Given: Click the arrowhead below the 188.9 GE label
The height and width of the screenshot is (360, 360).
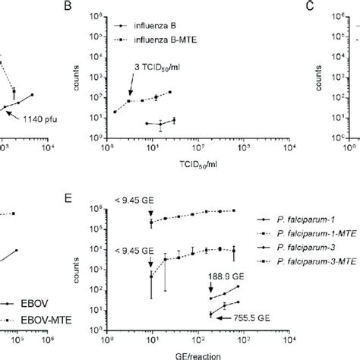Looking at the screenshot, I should point(211,292).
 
